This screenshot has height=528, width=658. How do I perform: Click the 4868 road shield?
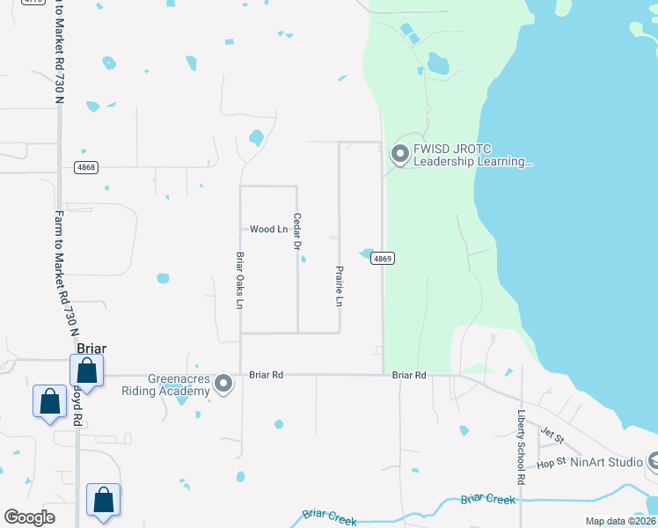coord(85,168)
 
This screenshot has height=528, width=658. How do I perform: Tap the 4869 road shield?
coord(381,259)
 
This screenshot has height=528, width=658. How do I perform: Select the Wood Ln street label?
coord(269,230)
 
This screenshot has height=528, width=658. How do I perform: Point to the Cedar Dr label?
coord(297,231)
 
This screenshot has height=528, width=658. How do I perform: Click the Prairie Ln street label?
coord(339,286)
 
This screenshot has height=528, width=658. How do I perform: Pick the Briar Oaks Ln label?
coord(239,281)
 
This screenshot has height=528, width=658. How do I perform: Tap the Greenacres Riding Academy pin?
coord(223,384)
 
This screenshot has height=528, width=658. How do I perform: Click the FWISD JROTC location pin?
coord(399,155)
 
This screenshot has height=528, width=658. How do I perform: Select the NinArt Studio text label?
coord(606,462)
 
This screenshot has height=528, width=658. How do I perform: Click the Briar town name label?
coord(91,348)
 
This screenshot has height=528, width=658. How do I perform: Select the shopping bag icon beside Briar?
coord(87,370)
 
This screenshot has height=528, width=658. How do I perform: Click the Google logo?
coord(30,517)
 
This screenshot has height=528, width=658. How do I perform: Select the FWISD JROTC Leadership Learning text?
coord(473,156)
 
